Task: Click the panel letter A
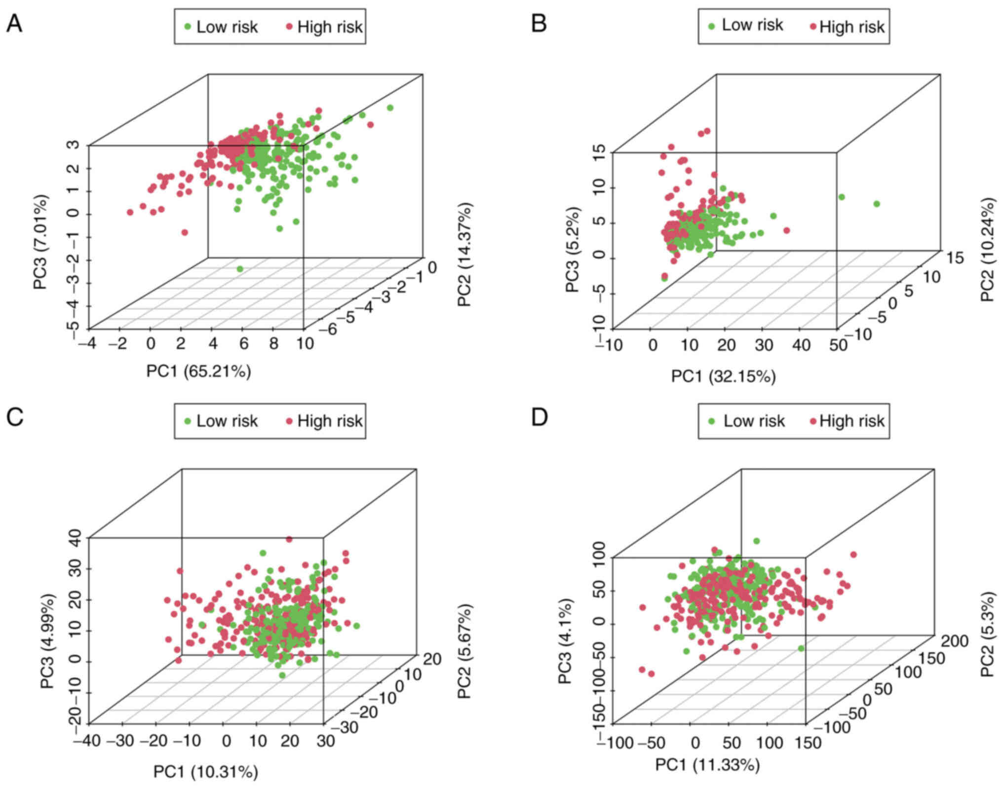coord(14,24)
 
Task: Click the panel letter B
coord(539,24)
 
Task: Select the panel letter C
coord(14,417)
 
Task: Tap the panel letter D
coord(539,417)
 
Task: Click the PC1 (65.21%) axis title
coord(198,371)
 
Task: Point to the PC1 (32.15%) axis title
coord(723,376)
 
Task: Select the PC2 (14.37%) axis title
coord(465,255)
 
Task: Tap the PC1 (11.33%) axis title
coord(707,765)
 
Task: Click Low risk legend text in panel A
coord(227,27)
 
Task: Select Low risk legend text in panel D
coord(754,421)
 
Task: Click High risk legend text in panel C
coord(330,421)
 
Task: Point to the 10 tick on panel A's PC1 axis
coord(306,343)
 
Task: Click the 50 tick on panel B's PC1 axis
coord(838,345)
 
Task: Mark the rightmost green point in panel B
coord(877,204)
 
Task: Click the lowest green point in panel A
coord(240,269)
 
